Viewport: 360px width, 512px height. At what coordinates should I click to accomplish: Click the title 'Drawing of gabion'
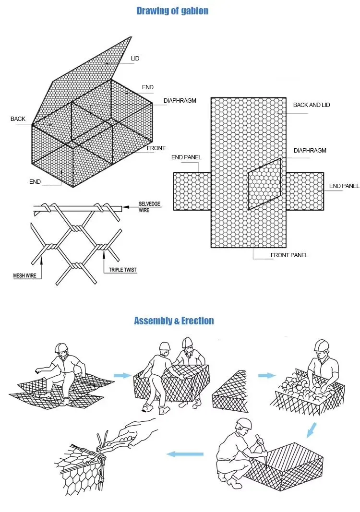tap(172, 11)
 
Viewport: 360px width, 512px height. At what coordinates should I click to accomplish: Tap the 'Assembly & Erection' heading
tap(174, 321)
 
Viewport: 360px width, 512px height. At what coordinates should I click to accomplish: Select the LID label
tap(135, 59)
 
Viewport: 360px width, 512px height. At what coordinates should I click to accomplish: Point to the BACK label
tap(18, 119)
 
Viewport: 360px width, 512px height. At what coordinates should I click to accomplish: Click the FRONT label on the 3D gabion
tap(156, 148)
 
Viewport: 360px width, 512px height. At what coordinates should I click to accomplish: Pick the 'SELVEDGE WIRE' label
tap(149, 207)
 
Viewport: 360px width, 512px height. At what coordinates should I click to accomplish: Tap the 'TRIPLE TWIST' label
tap(123, 270)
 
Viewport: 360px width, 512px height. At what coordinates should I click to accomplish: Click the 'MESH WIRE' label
tap(25, 276)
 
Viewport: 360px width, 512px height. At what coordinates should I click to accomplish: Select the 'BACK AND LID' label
tap(312, 105)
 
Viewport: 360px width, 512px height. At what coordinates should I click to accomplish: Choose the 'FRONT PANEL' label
tap(289, 255)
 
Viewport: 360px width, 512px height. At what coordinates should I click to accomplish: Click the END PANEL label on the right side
tap(344, 186)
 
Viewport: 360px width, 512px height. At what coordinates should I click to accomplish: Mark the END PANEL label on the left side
tap(186, 157)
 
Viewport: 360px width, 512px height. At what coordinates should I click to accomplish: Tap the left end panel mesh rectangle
tap(192, 191)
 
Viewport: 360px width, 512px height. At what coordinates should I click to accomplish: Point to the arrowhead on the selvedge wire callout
tap(126, 207)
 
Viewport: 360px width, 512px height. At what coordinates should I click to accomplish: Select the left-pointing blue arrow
tap(184, 453)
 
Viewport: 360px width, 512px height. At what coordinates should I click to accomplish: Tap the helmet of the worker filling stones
tap(321, 345)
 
